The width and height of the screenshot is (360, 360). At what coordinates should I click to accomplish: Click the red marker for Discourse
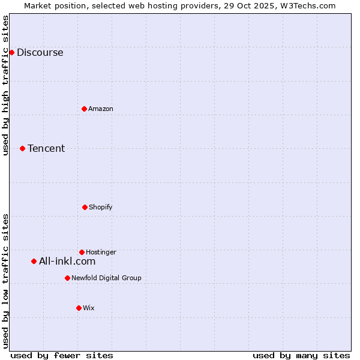point(11,52)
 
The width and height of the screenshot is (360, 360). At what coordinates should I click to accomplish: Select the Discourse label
point(40,52)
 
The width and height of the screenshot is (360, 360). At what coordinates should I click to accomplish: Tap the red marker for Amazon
point(84,109)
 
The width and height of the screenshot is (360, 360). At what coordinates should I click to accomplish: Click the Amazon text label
point(100,109)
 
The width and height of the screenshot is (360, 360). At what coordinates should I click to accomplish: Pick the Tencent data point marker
point(22,148)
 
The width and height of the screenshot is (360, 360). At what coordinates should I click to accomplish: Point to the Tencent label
point(46,148)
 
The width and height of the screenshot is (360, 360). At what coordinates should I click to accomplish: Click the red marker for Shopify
point(85,207)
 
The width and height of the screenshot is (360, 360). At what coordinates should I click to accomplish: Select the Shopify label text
point(100,207)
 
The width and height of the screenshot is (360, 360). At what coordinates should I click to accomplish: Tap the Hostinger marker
point(82,252)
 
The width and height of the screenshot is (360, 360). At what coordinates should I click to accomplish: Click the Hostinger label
point(101,252)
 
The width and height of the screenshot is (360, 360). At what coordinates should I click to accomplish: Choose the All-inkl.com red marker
point(34,261)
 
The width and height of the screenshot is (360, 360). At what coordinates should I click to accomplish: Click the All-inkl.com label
point(67,261)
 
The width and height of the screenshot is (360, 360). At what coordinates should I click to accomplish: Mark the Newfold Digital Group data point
point(67,278)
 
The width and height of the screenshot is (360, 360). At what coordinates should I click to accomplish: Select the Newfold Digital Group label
point(106,278)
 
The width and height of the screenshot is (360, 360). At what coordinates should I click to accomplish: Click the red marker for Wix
point(79,308)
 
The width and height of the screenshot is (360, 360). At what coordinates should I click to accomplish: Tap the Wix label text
point(89,308)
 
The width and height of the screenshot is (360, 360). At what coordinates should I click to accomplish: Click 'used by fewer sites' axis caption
point(62,355)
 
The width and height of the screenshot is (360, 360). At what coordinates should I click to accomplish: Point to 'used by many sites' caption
point(301,355)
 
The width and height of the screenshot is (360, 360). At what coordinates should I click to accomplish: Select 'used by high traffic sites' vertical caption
point(5,85)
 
